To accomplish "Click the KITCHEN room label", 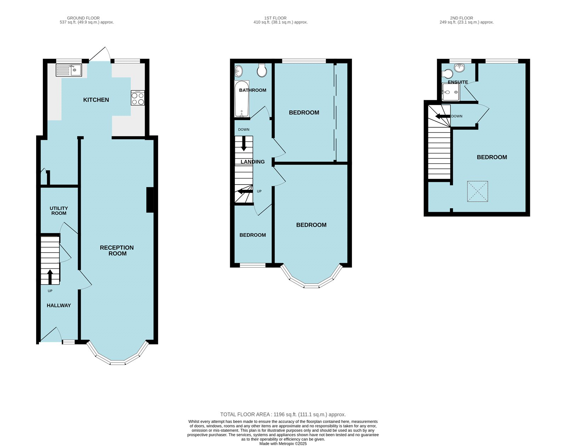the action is pos(96,100).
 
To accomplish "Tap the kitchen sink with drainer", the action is pos(69,70).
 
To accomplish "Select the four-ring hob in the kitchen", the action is pos(138,98).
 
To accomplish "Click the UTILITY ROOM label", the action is pos(59,211).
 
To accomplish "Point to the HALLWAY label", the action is pos(59,306).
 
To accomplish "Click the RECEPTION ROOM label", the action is pos(117,250).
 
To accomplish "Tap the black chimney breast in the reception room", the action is pos(150,200).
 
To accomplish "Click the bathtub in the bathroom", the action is pos(242,99).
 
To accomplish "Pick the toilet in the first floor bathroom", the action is pos(262,70).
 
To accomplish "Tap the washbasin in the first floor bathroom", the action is pos(238,71).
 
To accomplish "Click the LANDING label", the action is pos(253,162).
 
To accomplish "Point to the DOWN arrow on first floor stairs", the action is pos(244,143).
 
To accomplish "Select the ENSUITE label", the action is pos(458,82).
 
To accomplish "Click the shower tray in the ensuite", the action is pos(451,92).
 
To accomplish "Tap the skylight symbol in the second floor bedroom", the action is pos(478,192).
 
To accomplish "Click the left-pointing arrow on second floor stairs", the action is pos(443,116).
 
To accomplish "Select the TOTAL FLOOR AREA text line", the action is pos(283,414).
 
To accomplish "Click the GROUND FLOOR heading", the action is pos(83,18).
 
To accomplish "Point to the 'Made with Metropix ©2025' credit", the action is pos(283,444).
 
